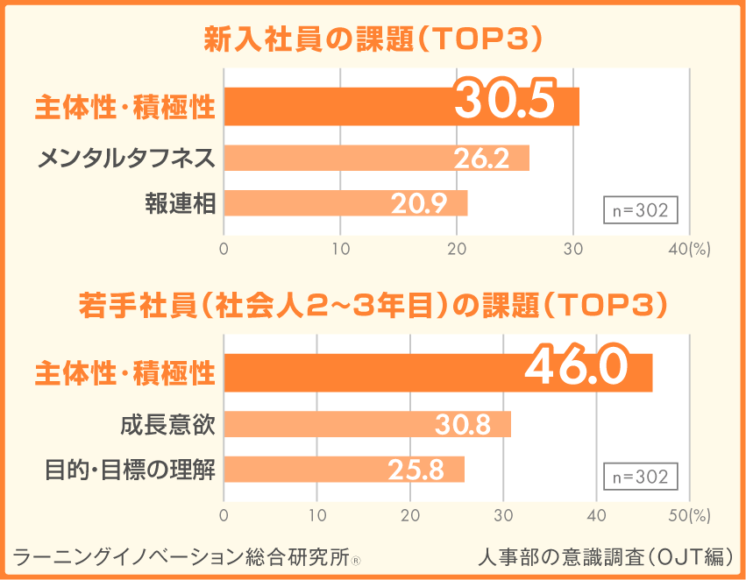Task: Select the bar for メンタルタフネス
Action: (x=377, y=159)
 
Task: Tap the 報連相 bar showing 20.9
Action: (x=346, y=202)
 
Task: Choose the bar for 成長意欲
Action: (x=367, y=424)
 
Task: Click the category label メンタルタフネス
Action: (x=126, y=159)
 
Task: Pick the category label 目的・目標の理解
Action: (x=130, y=470)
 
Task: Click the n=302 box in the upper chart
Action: (x=640, y=211)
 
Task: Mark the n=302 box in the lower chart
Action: (x=640, y=477)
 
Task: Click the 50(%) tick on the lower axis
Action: (x=689, y=515)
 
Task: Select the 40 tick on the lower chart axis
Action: (x=596, y=515)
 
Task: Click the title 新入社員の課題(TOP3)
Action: (x=373, y=39)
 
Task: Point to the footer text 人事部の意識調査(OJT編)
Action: (x=606, y=555)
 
